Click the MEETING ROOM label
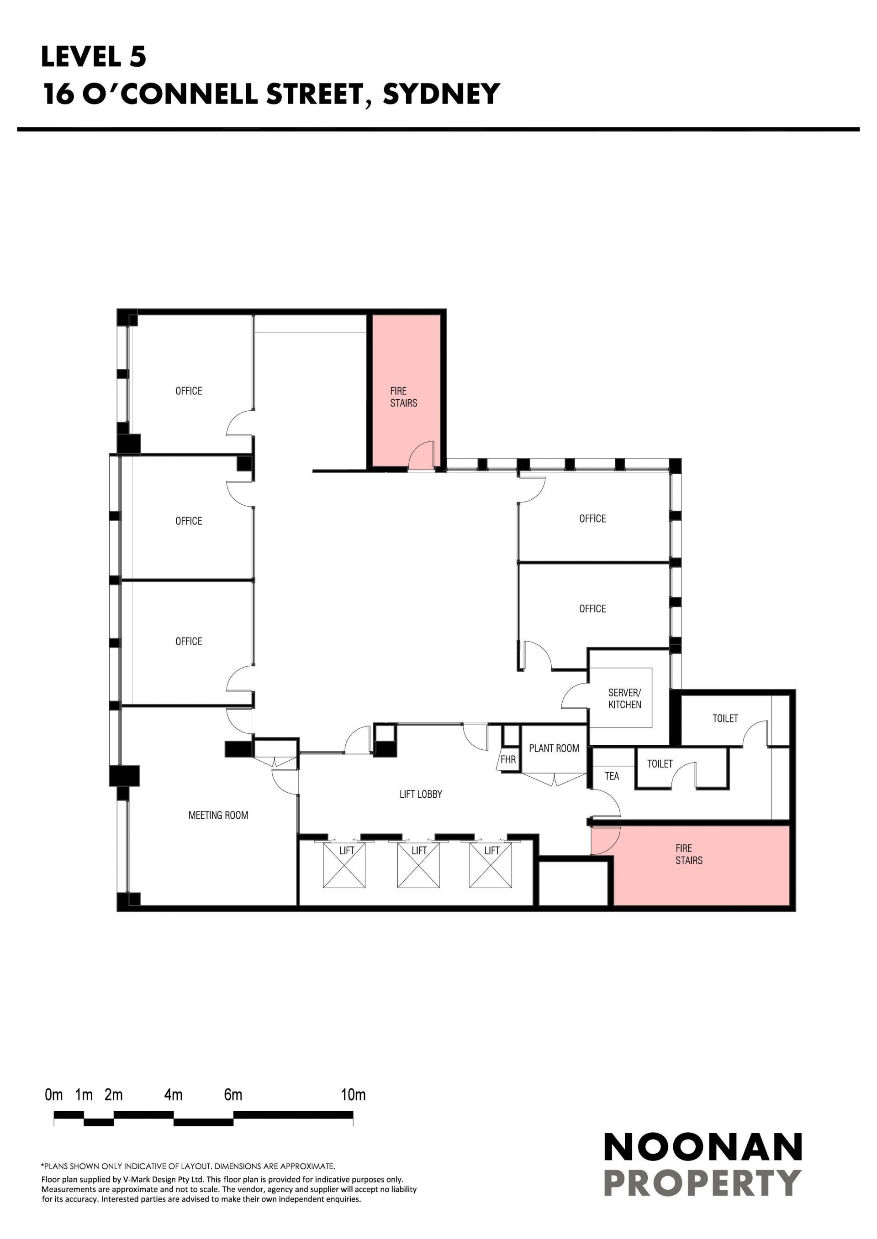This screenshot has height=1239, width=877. pyautogui.click(x=218, y=815)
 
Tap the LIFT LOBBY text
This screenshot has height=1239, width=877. pyautogui.click(x=421, y=794)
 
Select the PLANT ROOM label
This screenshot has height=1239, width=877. pyautogui.click(x=554, y=748)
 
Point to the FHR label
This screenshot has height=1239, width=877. pyautogui.click(x=508, y=759)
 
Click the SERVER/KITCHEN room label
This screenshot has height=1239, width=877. pyautogui.click(x=625, y=698)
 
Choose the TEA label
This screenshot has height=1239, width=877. pyautogui.click(x=612, y=776)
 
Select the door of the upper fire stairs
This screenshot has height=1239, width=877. pyautogui.click(x=422, y=456)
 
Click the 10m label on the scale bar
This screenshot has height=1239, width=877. pyautogui.click(x=353, y=1095)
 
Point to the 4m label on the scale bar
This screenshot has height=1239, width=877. pyautogui.click(x=174, y=1095)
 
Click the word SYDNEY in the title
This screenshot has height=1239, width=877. pyautogui.click(x=441, y=94)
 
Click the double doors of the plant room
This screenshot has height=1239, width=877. pyautogui.click(x=555, y=779)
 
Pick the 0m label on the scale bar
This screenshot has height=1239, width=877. pyautogui.click(x=54, y=1095)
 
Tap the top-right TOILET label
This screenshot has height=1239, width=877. pyautogui.click(x=725, y=718)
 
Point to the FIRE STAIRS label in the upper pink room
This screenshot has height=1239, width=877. pyautogui.click(x=404, y=397)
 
